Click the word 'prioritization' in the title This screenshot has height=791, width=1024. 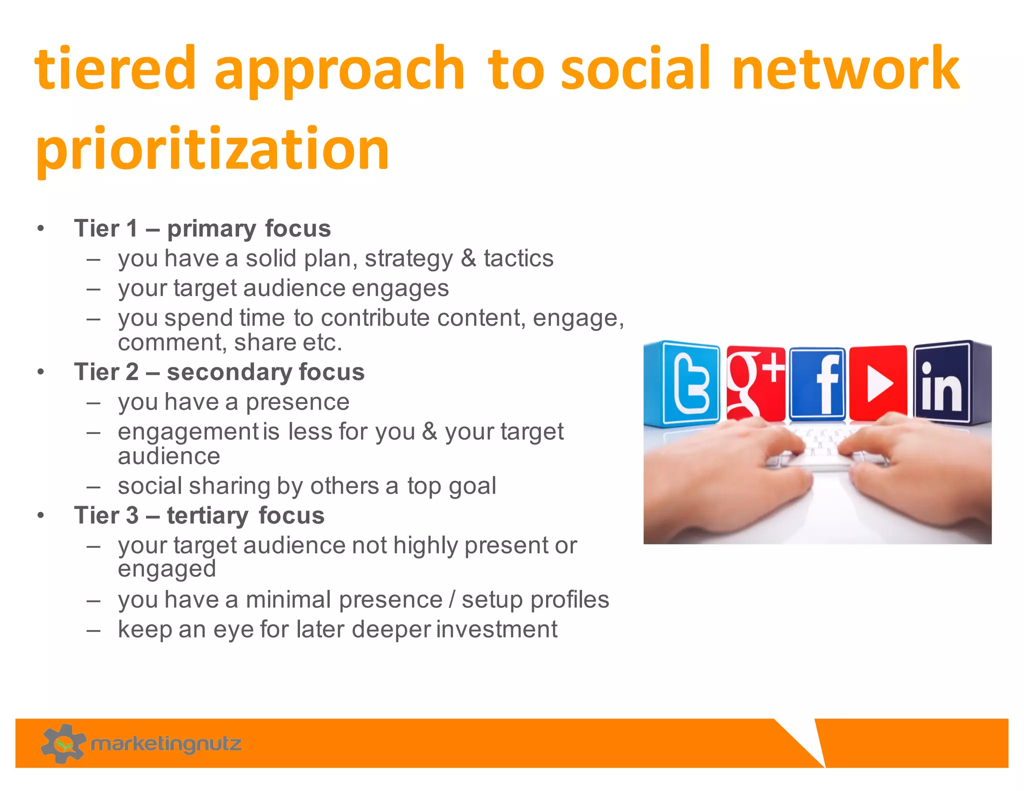pos(212,149)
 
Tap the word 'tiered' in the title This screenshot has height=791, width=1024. pos(114,68)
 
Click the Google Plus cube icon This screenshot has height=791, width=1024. pos(755,382)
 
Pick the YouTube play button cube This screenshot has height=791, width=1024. pos(878,383)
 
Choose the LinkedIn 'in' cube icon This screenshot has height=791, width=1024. pos(942,382)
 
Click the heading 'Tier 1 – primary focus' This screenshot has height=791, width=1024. pos(202,228)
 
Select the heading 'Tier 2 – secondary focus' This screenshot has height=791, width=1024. pos(219,372)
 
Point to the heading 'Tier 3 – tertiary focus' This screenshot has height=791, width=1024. pos(199,515)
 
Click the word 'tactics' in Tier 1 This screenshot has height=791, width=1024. pos(518,258)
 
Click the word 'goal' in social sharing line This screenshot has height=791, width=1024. pos(472,486)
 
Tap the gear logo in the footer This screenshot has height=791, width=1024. pos(63,743)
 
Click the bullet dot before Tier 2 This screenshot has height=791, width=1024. pos(41,372)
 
